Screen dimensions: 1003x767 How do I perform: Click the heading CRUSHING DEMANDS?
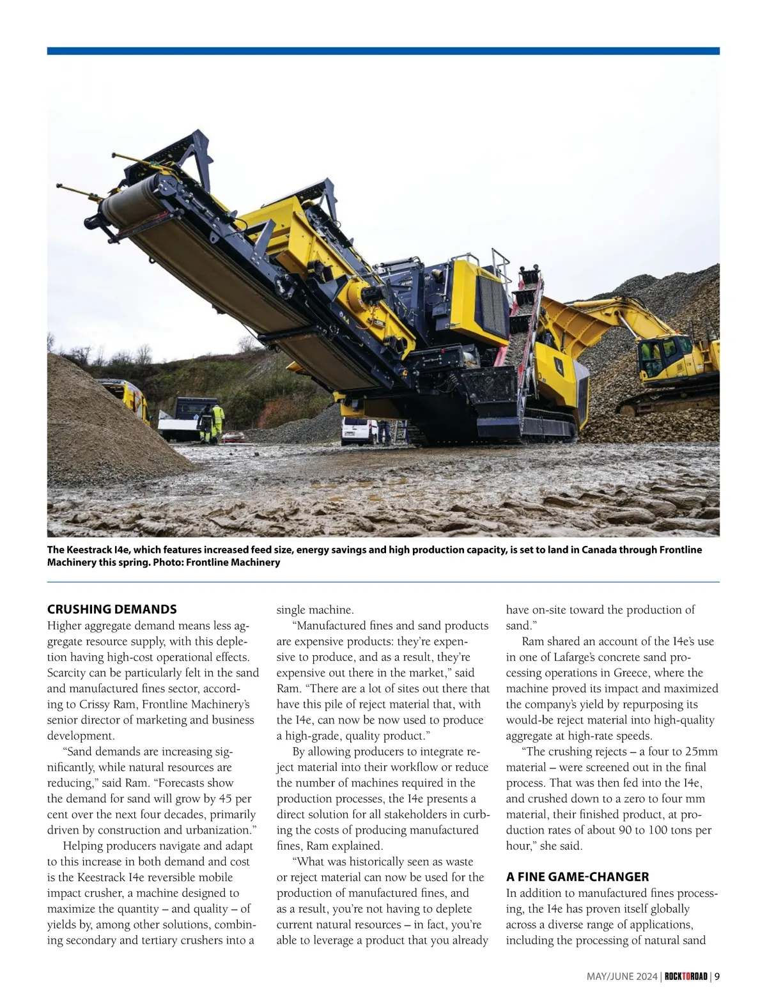coord(112,609)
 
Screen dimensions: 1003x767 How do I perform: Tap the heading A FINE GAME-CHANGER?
coord(568,876)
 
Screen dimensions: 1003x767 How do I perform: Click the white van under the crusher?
coord(357,430)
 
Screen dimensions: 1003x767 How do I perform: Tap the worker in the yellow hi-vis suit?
coord(217,422)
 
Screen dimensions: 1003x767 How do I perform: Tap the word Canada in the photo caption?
coord(599,550)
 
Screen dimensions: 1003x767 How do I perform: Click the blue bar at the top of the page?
coord(383,51)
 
